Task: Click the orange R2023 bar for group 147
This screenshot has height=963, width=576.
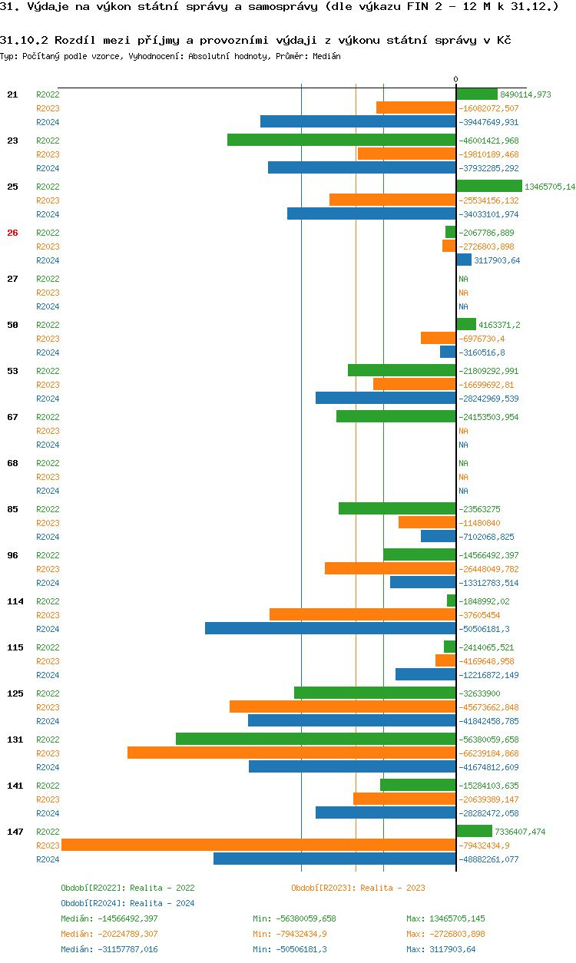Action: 259,845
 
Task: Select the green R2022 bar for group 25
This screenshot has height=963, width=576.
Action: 489,186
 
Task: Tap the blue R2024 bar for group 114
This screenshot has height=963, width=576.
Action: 330,628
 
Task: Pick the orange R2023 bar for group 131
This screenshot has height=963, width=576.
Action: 292,753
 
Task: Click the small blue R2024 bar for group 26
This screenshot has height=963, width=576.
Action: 464,260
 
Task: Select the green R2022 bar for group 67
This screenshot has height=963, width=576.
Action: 396,416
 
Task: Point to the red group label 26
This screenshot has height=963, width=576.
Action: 12,233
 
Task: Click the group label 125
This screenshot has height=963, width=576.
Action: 15,693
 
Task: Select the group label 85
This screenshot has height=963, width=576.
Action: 12,509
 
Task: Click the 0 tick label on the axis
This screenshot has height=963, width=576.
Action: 455,80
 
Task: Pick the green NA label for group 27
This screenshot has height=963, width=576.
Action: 463,279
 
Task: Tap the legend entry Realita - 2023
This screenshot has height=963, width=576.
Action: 358,888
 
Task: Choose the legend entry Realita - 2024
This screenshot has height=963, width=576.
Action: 127,903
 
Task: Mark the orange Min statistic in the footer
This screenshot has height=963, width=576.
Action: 294,934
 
